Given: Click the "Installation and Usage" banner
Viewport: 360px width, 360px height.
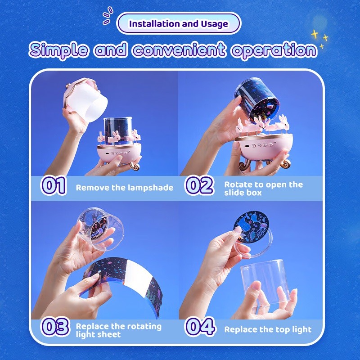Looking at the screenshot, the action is (x=179, y=23).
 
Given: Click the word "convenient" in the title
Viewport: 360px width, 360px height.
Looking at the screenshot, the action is (x=179, y=49).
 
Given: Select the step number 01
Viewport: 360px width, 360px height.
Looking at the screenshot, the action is (x=53, y=185).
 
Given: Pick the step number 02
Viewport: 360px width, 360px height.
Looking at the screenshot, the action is (x=199, y=185).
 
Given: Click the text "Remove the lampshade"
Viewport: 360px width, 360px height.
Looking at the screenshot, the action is (x=125, y=188).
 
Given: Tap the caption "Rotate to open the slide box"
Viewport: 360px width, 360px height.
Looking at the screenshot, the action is (x=264, y=189).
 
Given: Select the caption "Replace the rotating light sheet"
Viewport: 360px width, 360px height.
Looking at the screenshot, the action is (x=118, y=330).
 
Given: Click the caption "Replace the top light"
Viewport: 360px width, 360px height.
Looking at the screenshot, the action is (x=268, y=329).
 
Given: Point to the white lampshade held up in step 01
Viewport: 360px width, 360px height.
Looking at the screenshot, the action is (x=85, y=99).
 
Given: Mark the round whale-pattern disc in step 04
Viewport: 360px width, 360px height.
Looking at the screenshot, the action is (x=251, y=227).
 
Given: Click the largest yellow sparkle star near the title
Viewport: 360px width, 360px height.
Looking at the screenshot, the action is (x=315, y=35).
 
